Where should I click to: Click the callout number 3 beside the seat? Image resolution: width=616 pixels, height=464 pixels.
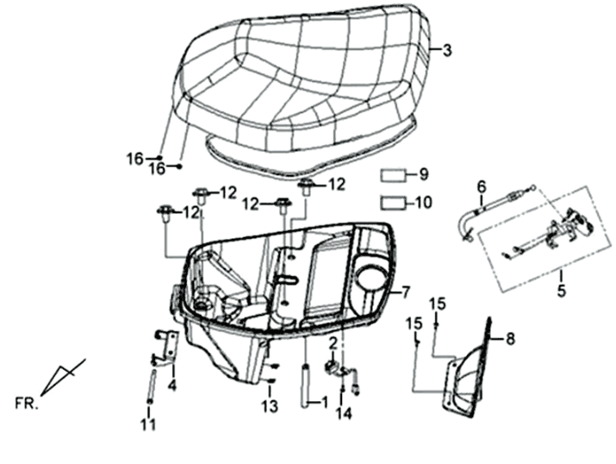pyautogui.click(x=447, y=51)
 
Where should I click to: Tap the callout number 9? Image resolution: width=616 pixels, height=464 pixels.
pyautogui.click(x=423, y=175)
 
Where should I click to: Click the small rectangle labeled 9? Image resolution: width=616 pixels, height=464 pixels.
pyautogui.click(x=394, y=176)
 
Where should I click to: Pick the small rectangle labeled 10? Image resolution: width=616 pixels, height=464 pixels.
pyautogui.click(x=394, y=204)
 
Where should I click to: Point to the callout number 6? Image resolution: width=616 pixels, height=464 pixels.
pyautogui.click(x=482, y=186)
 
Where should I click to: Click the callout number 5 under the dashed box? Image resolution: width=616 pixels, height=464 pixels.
pyautogui.click(x=561, y=292)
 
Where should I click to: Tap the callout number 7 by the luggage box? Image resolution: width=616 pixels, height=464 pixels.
pyautogui.click(x=406, y=292)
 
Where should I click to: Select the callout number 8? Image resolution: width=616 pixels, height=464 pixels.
pyautogui.click(x=509, y=339)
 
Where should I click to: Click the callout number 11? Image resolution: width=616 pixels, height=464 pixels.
pyautogui.click(x=149, y=424)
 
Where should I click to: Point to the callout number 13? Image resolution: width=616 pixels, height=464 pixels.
pyautogui.click(x=271, y=405)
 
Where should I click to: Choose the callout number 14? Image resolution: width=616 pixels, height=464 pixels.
pyautogui.click(x=344, y=413)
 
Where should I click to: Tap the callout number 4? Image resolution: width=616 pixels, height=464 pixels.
pyautogui.click(x=173, y=384)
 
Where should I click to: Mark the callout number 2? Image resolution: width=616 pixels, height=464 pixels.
pyautogui.click(x=331, y=343)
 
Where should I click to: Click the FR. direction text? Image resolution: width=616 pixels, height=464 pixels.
pyautogui.click(x=26, y=403)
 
